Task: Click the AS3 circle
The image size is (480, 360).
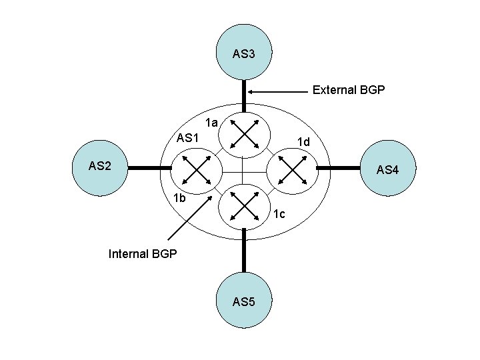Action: click(x=244, y=53)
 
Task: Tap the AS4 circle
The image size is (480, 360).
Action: click(x=387, y=169)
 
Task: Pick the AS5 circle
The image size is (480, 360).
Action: click(x=244, y=301)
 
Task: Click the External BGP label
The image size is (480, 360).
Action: click(x=349, y=89)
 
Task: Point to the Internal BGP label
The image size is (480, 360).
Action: click(x=143, y=253)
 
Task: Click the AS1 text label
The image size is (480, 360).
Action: click(x=188, y=138)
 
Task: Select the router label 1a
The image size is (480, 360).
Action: click(x=212, y=123)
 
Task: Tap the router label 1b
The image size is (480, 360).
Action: click(x=179, y=198)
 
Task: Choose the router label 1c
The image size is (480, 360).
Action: click(x=279, y=214)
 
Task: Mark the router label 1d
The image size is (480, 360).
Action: click(x=303, y=142)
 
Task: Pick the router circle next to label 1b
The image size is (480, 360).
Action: click(x=198, y=169)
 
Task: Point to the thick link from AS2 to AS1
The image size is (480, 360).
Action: click(x=144, y=169)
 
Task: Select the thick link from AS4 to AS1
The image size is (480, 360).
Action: click(x=345, y=169)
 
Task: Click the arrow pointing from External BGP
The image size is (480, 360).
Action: click(x=279, y=91)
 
